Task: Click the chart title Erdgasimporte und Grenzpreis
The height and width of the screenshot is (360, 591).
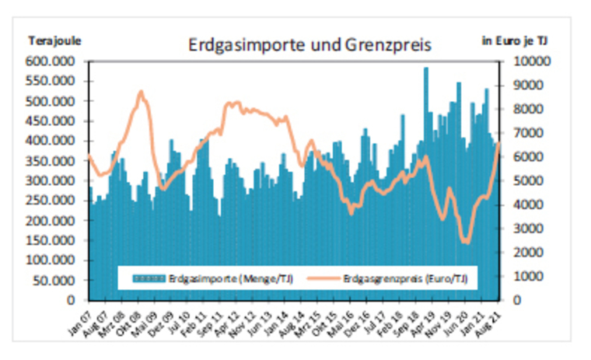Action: [309, 45]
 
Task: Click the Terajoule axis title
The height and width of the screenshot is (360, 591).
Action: [55, 39]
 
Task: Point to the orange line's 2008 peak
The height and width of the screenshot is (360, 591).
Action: [141, 92]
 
